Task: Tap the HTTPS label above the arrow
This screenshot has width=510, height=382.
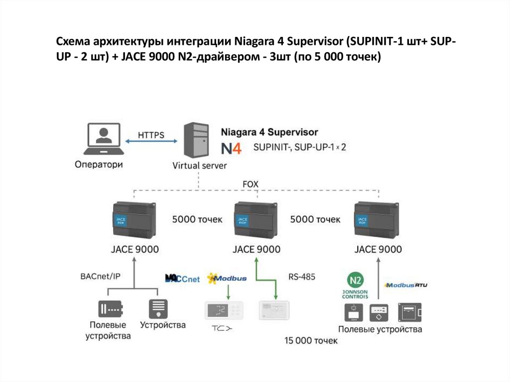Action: pos(151,135)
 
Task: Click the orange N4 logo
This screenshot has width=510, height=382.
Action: pos(231,148)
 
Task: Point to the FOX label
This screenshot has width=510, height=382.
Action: pos(250,184)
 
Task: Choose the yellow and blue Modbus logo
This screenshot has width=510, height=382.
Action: pos(227,278)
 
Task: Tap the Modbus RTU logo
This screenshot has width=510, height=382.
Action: pos(405,285)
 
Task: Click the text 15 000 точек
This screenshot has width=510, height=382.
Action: pos(311,341)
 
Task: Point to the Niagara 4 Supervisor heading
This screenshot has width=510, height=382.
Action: pos(269,132)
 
